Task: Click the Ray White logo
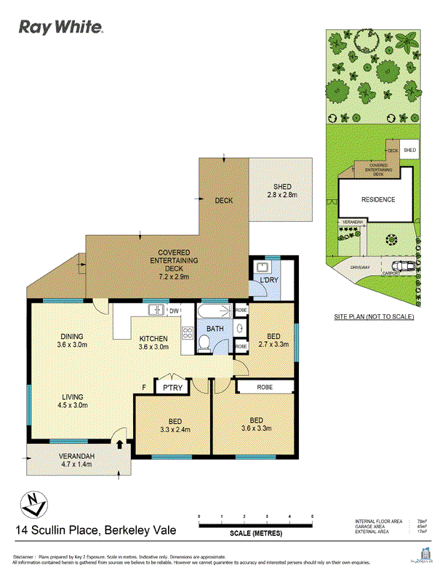click(x=61, y=28)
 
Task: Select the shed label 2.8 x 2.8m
click(x=281, y=191)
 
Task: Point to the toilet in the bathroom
click(x=206, y=345)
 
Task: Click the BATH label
click(x=215, y=329)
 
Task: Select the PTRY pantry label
click(x=172, y=388)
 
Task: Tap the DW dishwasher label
click(x=175, y=311)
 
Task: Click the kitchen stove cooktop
click(x=186, y=335)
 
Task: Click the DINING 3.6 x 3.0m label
click(x=71, y=340)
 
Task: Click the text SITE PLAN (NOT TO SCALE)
click(x=374, y=318)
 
